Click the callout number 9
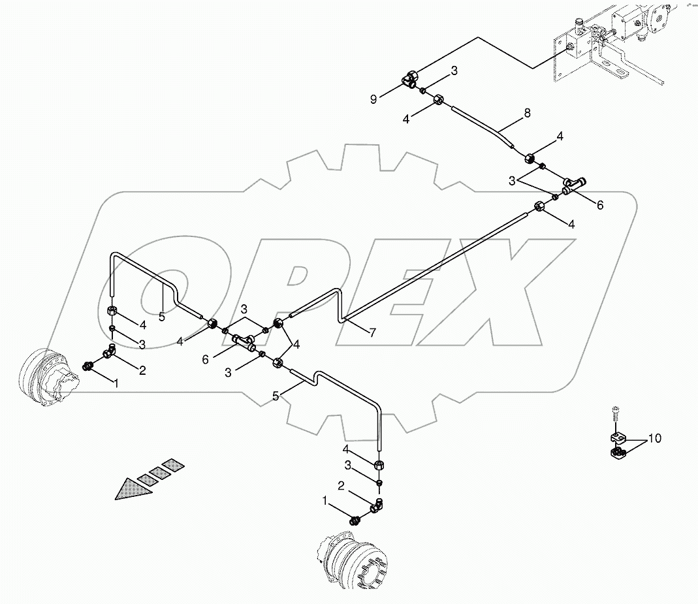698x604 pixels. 373,99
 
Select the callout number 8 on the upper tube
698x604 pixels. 527,114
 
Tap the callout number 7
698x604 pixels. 372,332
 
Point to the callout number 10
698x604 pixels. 654,438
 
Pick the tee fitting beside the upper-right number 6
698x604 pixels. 575,185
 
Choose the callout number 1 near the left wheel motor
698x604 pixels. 117,383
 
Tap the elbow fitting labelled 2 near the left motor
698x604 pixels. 109,353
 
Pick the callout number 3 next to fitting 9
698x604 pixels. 454,70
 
